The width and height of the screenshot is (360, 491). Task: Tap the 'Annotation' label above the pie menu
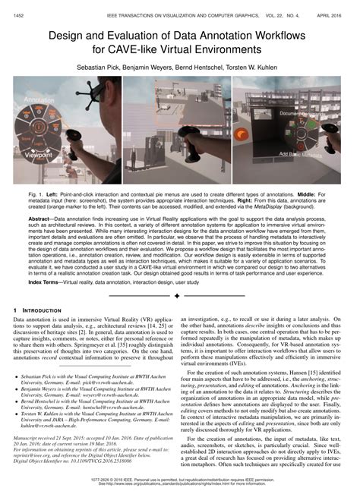click(x=39, y=99)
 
